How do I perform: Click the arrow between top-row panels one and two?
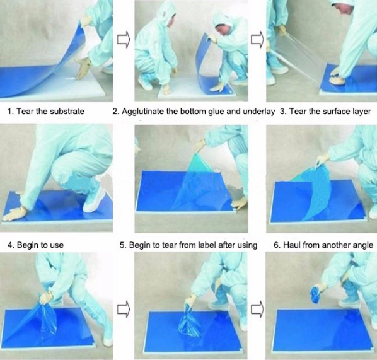tap(124, 39)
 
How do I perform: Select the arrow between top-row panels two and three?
tap(257, 39)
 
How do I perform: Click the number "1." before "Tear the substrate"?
tap(11, 112)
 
